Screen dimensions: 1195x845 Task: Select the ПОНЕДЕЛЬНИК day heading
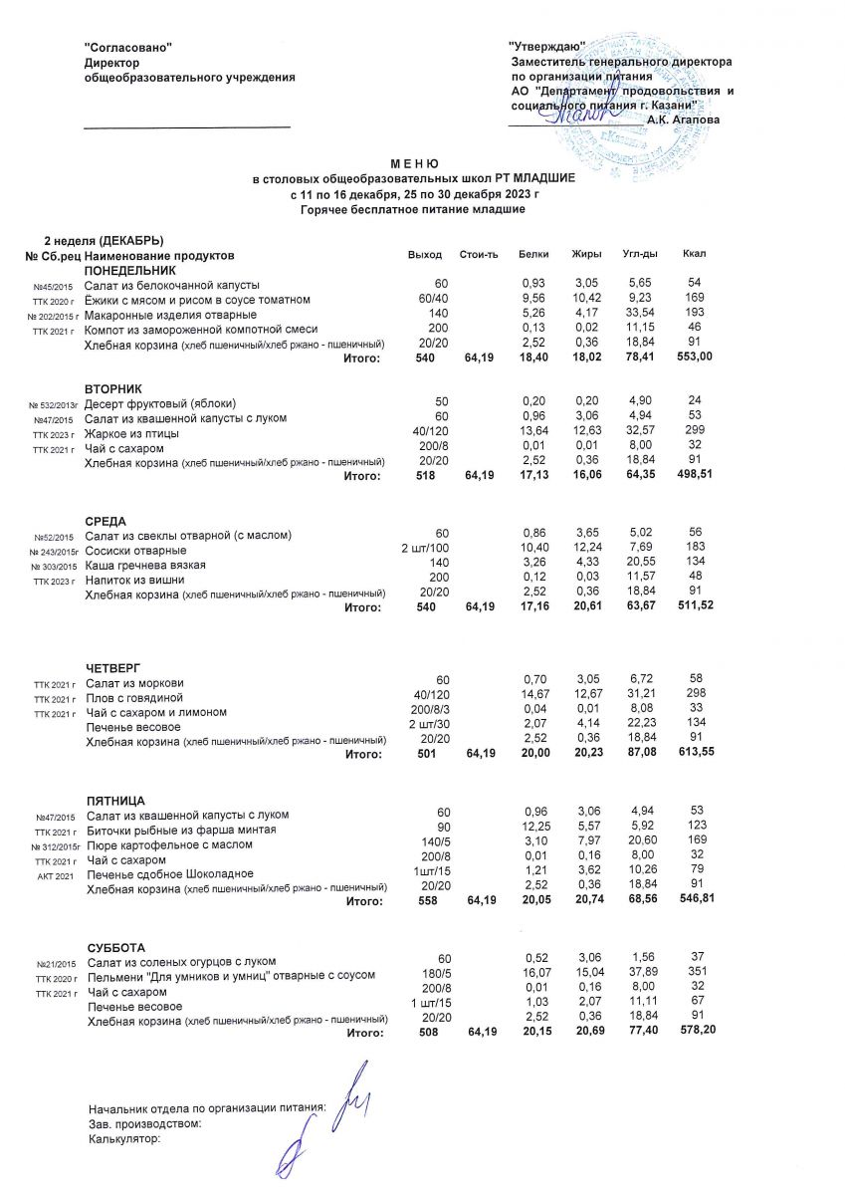pyautogui.click(x=129, y=270)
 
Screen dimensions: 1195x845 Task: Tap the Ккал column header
pyautogui.click(x=694, y=256)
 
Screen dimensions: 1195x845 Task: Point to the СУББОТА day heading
pyautogui.click(x=116, y=947)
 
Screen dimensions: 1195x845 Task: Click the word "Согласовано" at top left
pyautogui.click(x=128, y=47)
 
